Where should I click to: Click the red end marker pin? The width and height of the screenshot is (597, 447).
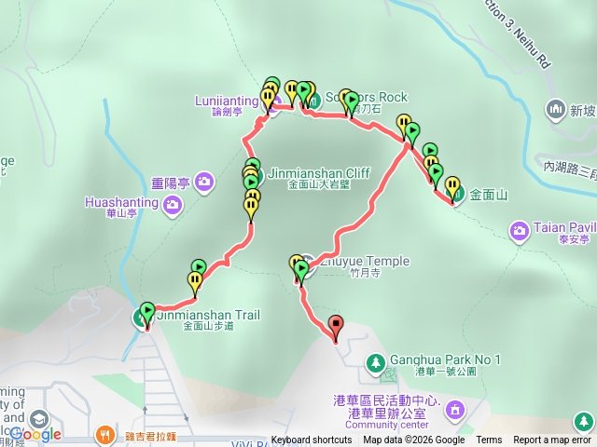click(x=336, y=327)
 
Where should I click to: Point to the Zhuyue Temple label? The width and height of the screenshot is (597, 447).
click(x=364, y=261)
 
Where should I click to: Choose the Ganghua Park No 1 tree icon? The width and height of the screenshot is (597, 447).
click(x=376, y=360)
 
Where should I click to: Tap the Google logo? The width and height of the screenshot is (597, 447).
click(x=36, y=434)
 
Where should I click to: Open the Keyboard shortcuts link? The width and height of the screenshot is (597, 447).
click(x=312, y=440)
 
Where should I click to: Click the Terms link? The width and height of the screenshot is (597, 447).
click(x=489, y=440)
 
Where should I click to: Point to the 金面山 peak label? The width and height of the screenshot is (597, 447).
click(x=488, y=196)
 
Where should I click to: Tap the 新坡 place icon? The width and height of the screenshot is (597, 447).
click(x=556, y=110)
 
